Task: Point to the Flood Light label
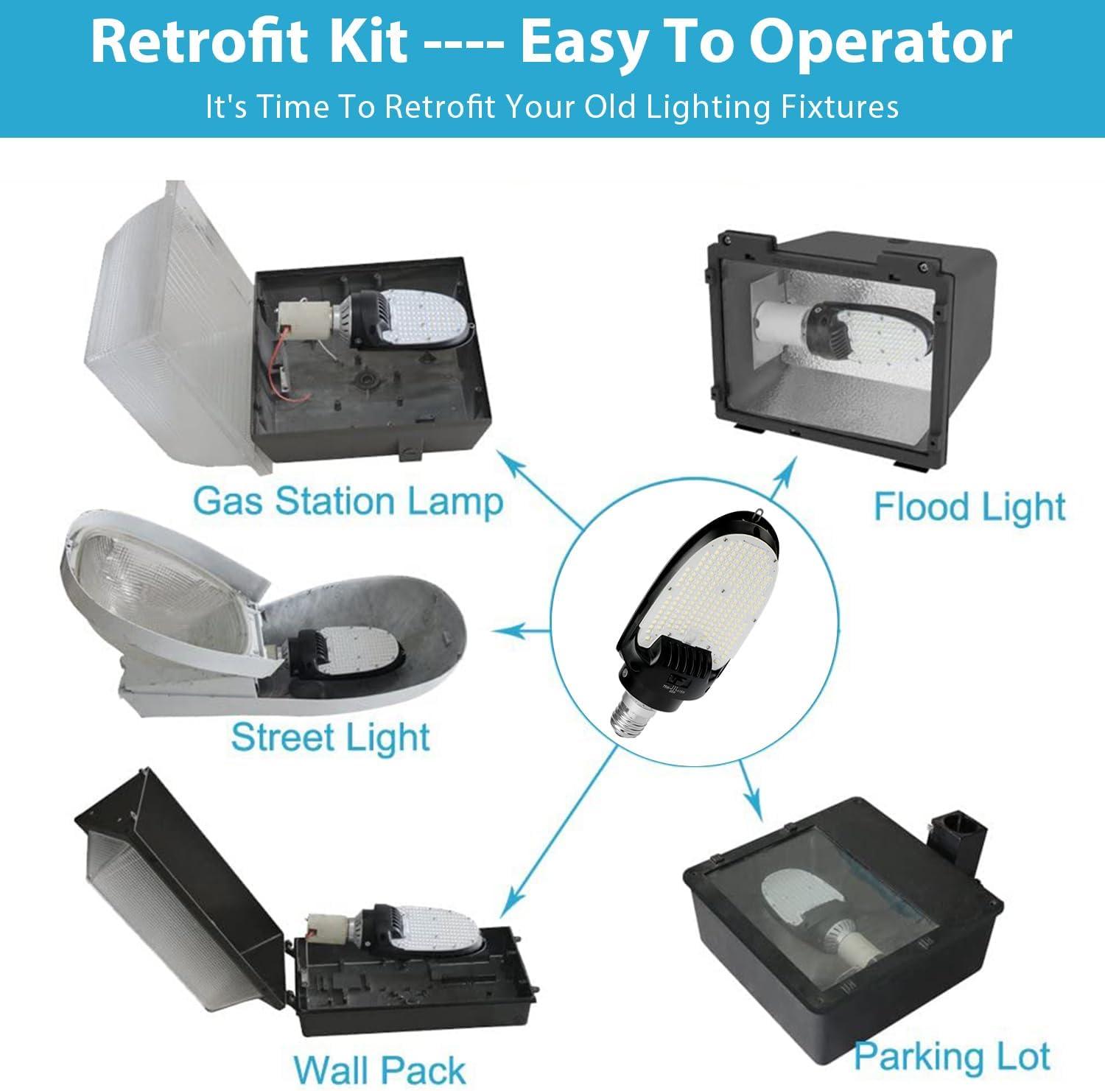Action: [969, 508]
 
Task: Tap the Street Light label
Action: [331, 737]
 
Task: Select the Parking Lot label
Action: [953, 1057]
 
